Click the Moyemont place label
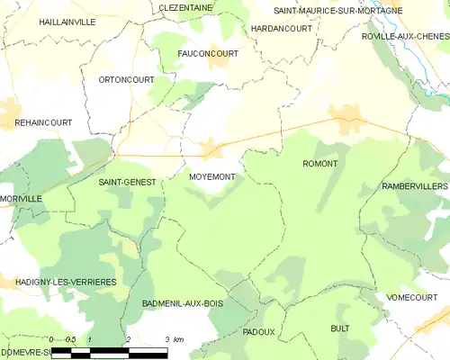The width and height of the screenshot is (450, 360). pyautogui.click(x=212, y=176)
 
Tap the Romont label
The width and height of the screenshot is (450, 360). pyautogui.click(x=319, y=164)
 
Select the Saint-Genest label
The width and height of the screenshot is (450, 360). pyautogui.click(x=127, y=182)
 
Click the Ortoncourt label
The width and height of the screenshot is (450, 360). pyautogui.click(x=126, y=79)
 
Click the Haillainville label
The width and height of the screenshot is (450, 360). pyautogui.click(x=67, y=22)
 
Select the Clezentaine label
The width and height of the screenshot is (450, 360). pyautogui.click(x=185, y=7)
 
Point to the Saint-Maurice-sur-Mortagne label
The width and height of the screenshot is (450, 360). pyautogui.click(x=332, y=11)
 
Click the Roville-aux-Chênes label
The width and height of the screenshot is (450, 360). pyautogui.click(x=404, y=36)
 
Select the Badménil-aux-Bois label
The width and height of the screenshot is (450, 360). pyautogui.click(x=183, y=303)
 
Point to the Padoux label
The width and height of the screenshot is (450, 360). pyautogui.click(x=258, y=331)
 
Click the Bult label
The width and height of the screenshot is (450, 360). pyautogui.click(x=339, y=328)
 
